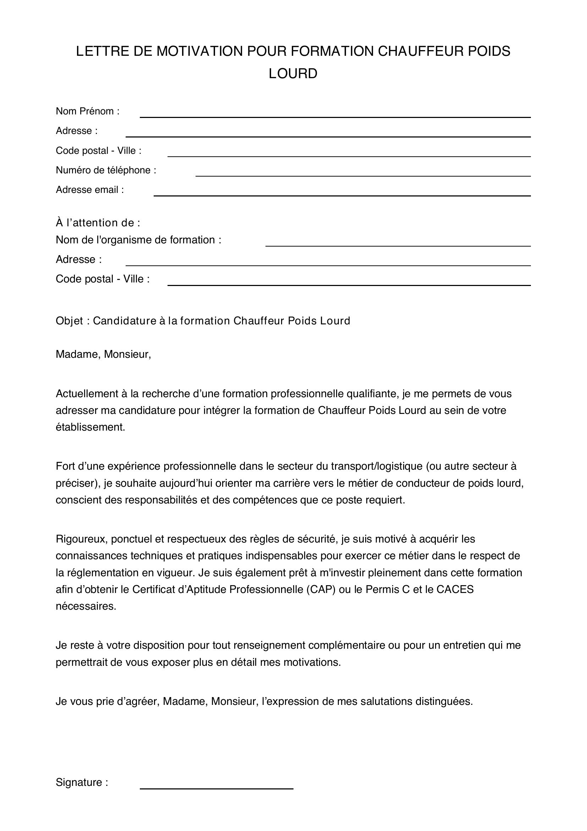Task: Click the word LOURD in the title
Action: [x=293, y=74]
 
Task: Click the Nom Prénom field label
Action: [x=87, y=111]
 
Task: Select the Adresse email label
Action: [x=90, y=190]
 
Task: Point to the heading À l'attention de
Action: [x=98, y=223]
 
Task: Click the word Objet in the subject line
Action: [x=70, y=321]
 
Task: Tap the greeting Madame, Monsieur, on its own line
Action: [x=103, y=354]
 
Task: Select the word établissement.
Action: [x=90, y=427]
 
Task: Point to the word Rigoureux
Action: [x=82, y=539]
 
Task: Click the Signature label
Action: [x=82, y=782]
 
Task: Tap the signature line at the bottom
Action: [x=216, y=788]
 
